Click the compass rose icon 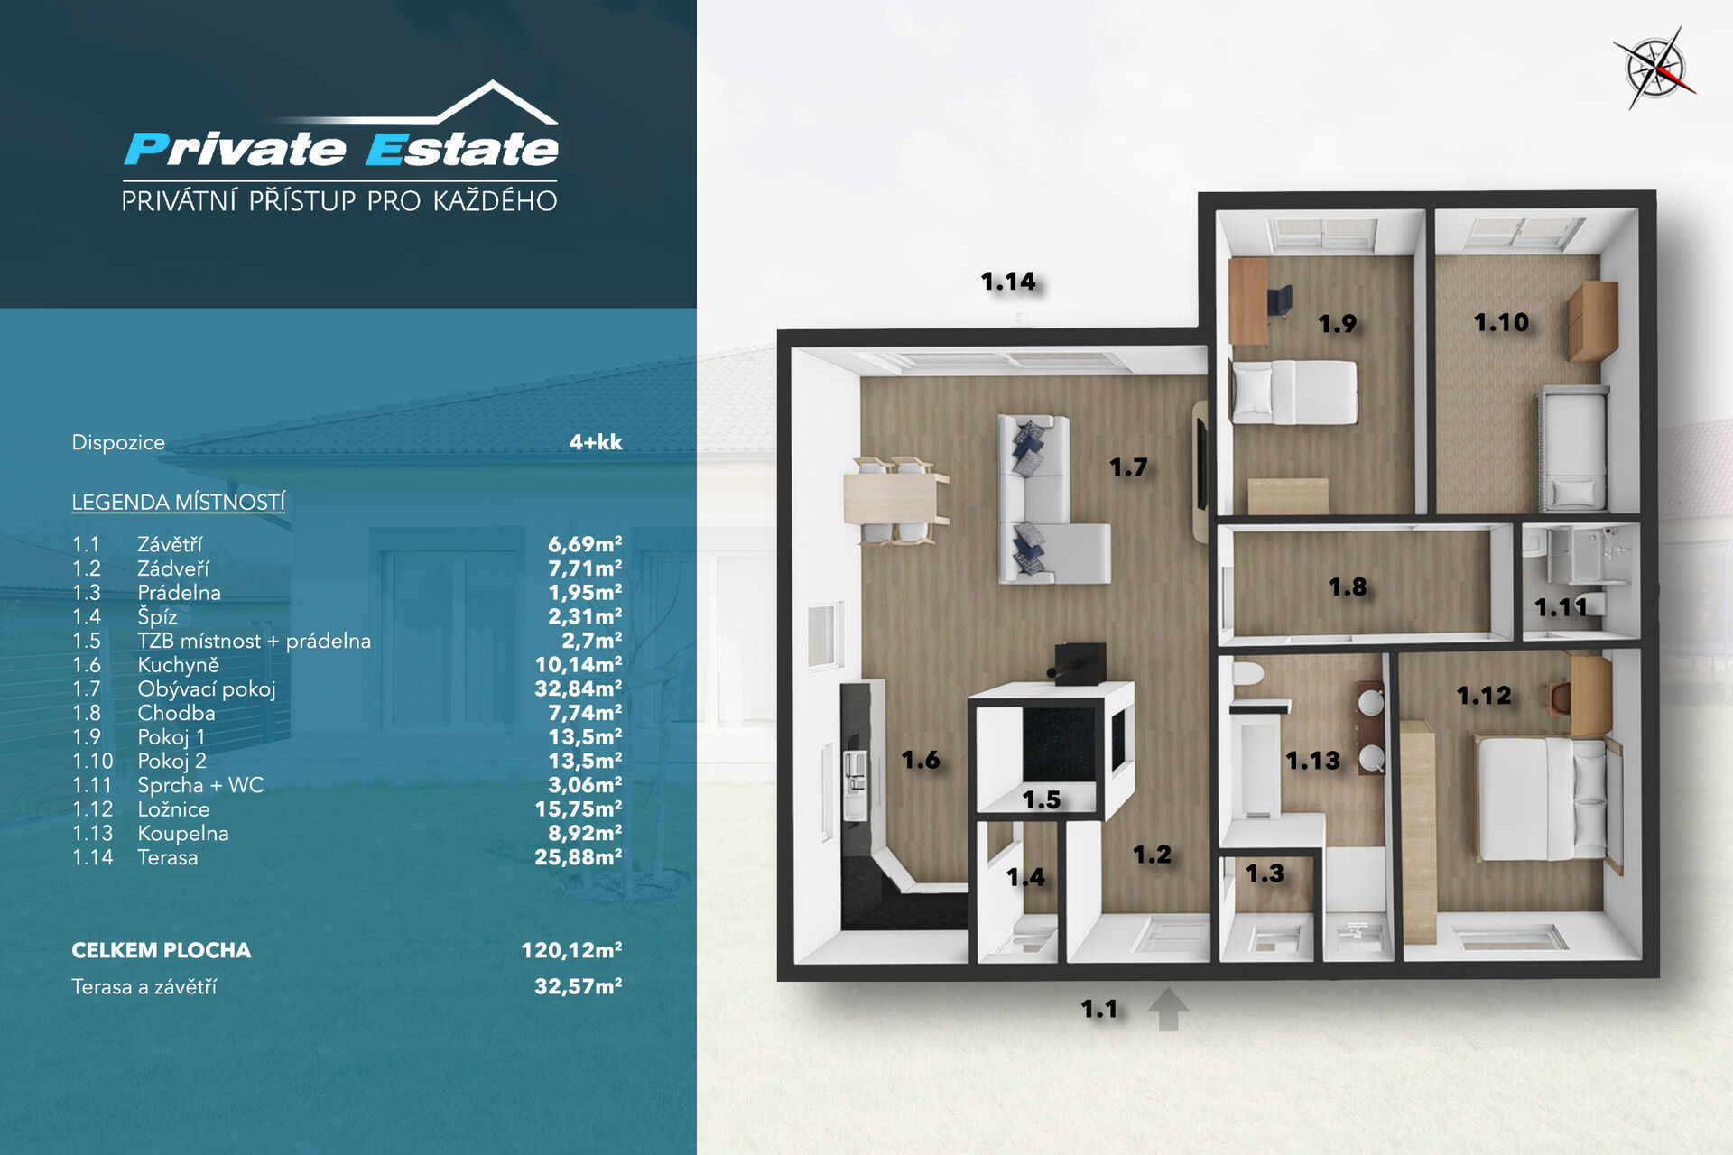click(x=1656, y=68)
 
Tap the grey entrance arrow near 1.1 click(x=1167, y=1009)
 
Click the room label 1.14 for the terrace click(x=1008, y=282)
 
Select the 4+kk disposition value click(x=596, y=442)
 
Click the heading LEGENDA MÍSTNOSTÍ click(x=179, y=502)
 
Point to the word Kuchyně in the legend click(x=178, y=665)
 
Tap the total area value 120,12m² click(x=571, y=950)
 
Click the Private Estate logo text click(x=341, y=149)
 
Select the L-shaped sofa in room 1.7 click(x=1047, y=499)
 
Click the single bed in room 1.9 click(x=1294, y=392)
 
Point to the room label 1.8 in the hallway click(x=1347, y=587)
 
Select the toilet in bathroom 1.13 click(x=1248, y=675)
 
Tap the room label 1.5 click(x=1041, y=800)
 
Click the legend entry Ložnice click(x=173, y=809)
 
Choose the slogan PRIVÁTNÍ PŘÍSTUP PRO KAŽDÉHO click(x=339, y=200)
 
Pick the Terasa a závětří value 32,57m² click(x=579, y=986)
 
